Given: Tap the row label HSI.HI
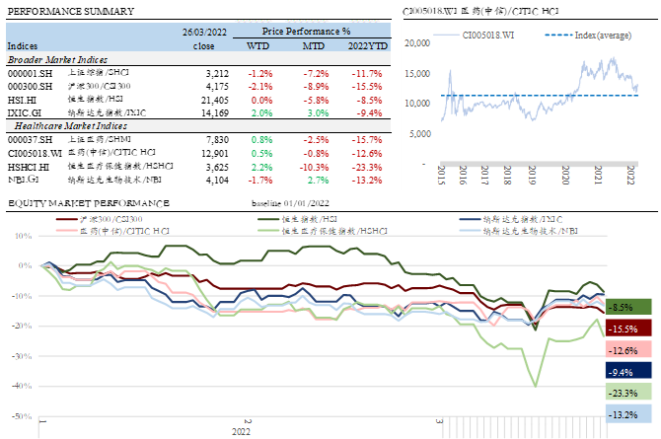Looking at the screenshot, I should click(22, 100).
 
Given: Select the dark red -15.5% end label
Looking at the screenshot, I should click(623, 329).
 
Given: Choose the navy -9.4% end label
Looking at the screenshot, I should click(623, 372).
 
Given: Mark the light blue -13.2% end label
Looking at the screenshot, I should click(623, 414).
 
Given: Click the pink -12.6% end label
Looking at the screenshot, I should click(623, 350).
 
